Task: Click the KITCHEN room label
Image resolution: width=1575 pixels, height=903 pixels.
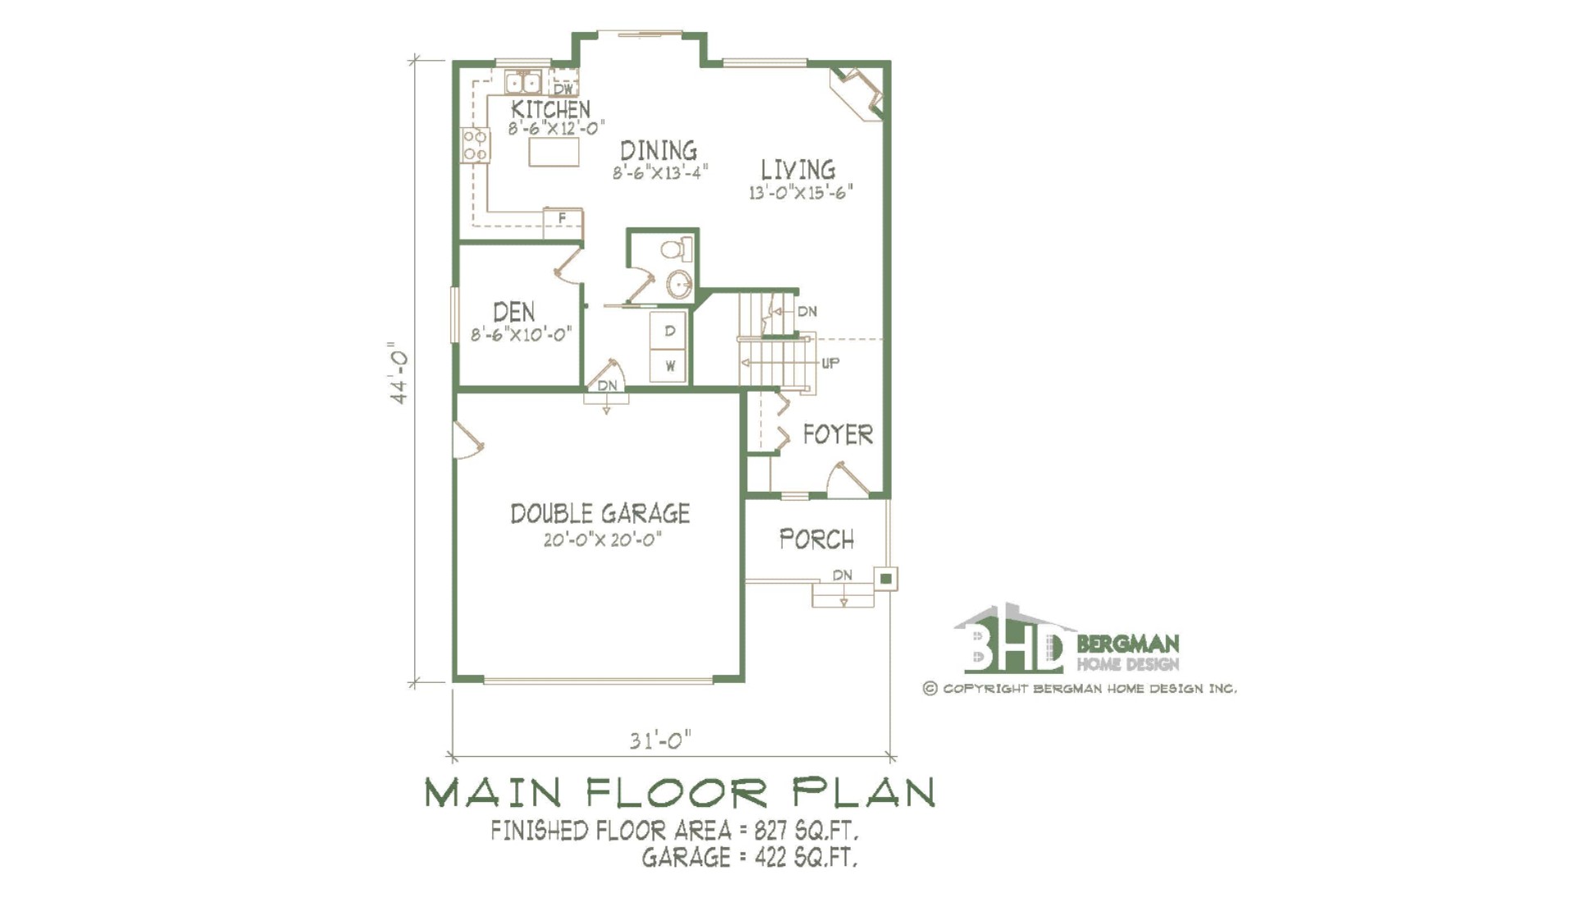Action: pos(550,109)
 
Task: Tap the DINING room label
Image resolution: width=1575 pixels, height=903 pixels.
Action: pos(659,151)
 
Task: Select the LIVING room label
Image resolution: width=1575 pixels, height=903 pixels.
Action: pos(798,170)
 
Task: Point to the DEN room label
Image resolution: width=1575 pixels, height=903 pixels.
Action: pos(514,312)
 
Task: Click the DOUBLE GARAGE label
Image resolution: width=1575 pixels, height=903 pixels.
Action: pos(600,514)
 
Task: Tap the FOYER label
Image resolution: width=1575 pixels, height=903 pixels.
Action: pos(838,434)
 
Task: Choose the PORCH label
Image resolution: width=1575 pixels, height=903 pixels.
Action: pos(816,539)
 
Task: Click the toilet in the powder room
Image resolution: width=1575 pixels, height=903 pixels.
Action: pos(678,249)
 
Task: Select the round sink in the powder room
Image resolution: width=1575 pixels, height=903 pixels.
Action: pos(680,285)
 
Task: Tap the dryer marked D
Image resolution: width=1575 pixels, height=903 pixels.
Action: pos(669,331)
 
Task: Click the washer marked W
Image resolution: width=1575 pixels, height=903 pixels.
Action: pos(669,366)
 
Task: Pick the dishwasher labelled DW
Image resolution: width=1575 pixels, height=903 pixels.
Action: pos(563,86)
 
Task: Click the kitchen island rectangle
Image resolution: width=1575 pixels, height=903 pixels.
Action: pos(554,152)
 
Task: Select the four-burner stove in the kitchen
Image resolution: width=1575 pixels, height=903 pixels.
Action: pos(476,145)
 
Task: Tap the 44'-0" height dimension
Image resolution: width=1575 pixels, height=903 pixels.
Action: pos(399,373)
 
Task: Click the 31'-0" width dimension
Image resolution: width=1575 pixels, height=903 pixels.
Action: pos(660,740)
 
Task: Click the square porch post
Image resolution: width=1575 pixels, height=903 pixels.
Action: pos(886,579)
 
